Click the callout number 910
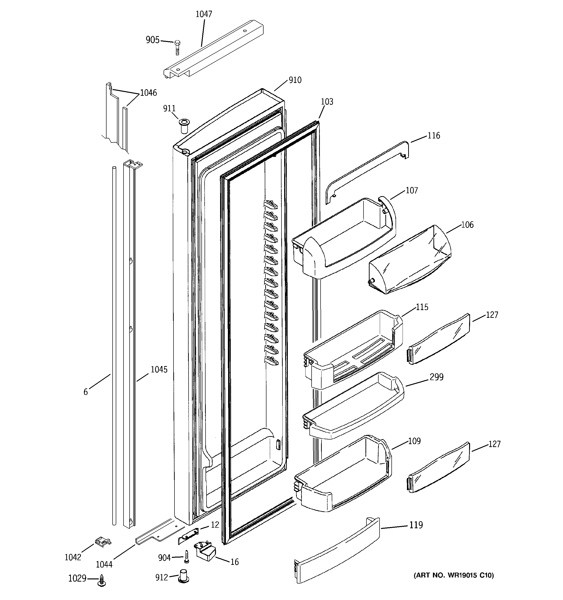[295, 80]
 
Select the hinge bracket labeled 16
[206, 551]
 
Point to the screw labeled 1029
[101, 580]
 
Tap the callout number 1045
[159, 369]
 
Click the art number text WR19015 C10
[453, 575]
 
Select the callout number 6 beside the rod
[86, 392]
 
